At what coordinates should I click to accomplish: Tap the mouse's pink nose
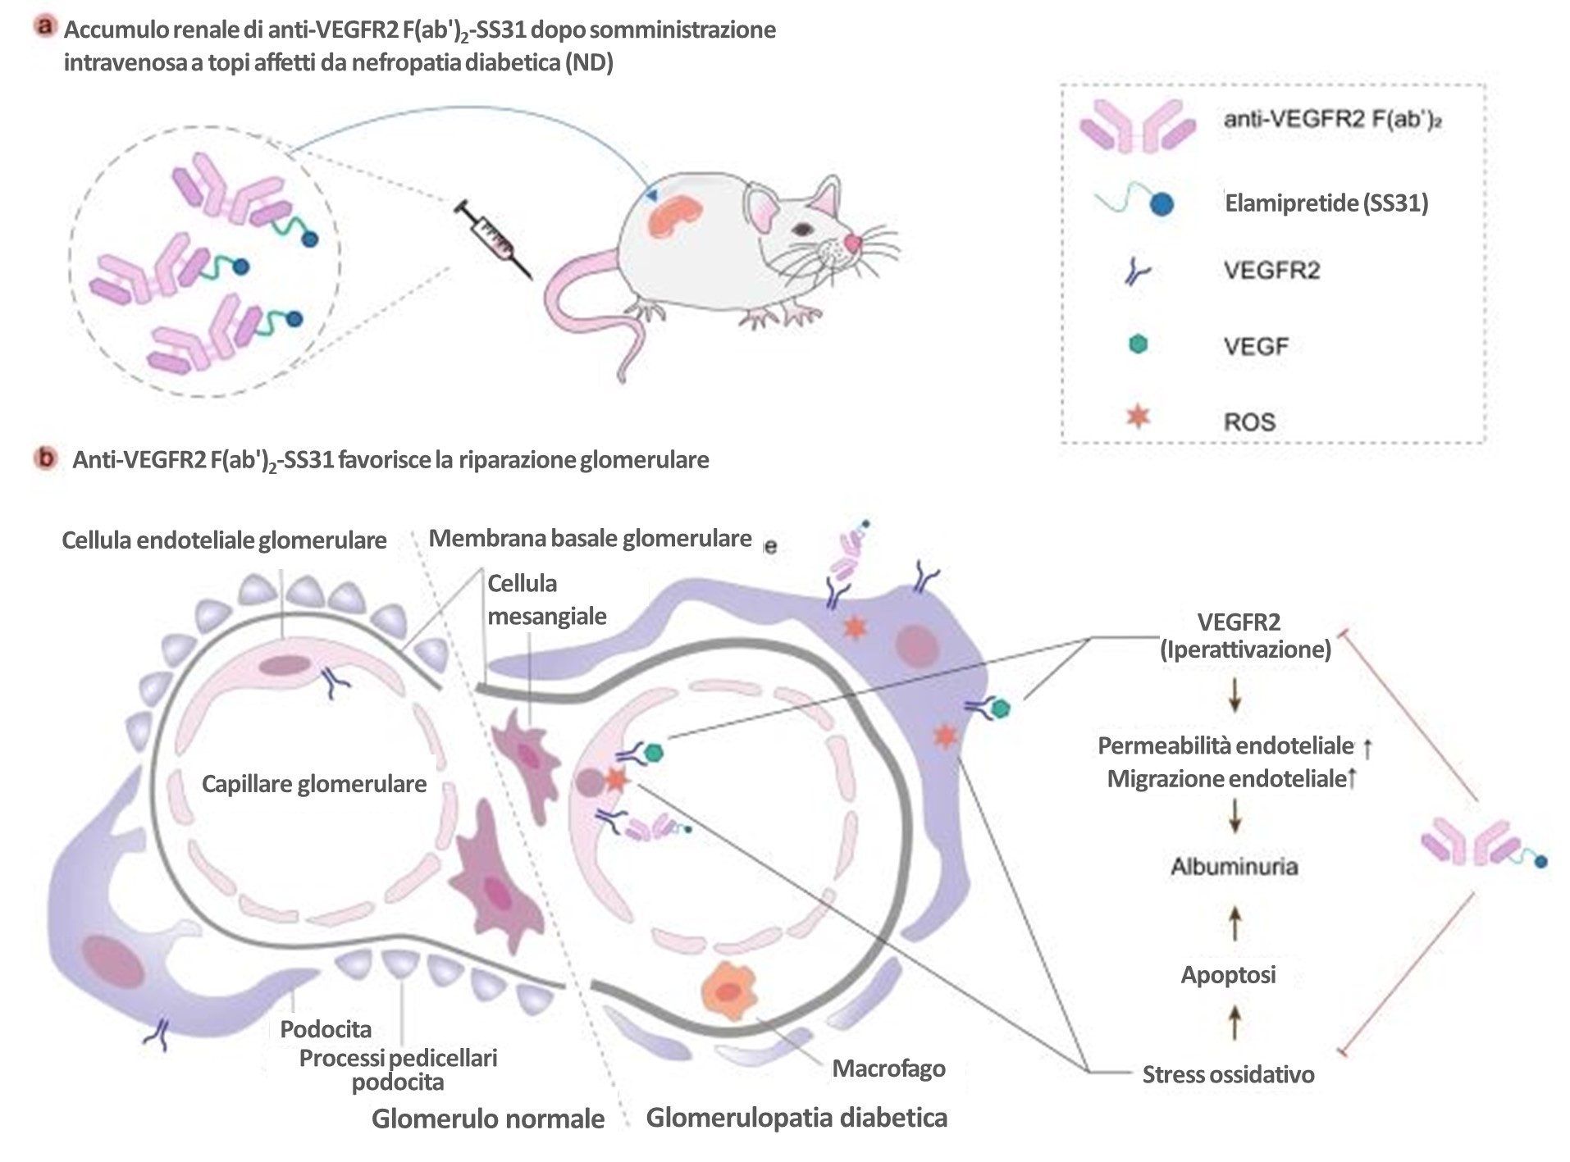tap(853, 243)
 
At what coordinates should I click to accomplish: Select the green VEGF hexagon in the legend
tap(1138, 344)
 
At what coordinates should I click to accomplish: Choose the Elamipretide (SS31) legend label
tap(1326, 203)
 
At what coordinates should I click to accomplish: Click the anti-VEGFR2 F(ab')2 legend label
tap(1332, 121)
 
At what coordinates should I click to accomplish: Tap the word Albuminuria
tap(1234, 866)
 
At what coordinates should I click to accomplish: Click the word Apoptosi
tap(1228, 974)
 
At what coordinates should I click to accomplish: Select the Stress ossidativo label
tap(1228, 1074)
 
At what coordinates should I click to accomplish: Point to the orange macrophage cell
tap(728, 990)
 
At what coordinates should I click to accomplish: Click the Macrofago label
tap(888, 1069)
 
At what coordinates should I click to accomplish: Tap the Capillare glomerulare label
tap(314, 784)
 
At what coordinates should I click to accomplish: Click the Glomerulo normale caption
tap(488, 1119)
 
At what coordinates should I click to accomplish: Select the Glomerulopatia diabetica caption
tap(796, 1118)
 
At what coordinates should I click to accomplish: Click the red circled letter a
tap(45, 26)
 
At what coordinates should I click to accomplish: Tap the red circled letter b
tap(45, 458)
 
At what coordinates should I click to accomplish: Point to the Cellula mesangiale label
tap(547, 599)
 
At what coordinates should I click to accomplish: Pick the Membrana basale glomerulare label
tap(591, 539)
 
